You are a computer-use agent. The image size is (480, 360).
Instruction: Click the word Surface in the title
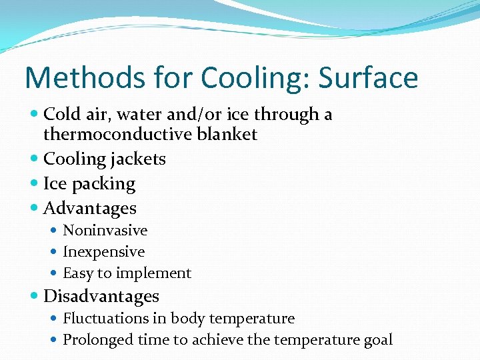368,78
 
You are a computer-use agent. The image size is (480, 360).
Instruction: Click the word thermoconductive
117,134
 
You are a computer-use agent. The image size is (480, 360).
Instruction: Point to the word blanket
227,134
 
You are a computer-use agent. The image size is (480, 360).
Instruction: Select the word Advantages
89,209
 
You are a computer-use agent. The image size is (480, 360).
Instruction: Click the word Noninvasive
105,231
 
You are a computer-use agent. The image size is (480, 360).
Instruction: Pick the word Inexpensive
103,252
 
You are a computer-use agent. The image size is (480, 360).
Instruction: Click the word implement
153,273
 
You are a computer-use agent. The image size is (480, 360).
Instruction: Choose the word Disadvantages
101,296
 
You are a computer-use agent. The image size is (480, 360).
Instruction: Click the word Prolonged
98,340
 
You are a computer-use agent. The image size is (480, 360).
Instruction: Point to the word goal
377,341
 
